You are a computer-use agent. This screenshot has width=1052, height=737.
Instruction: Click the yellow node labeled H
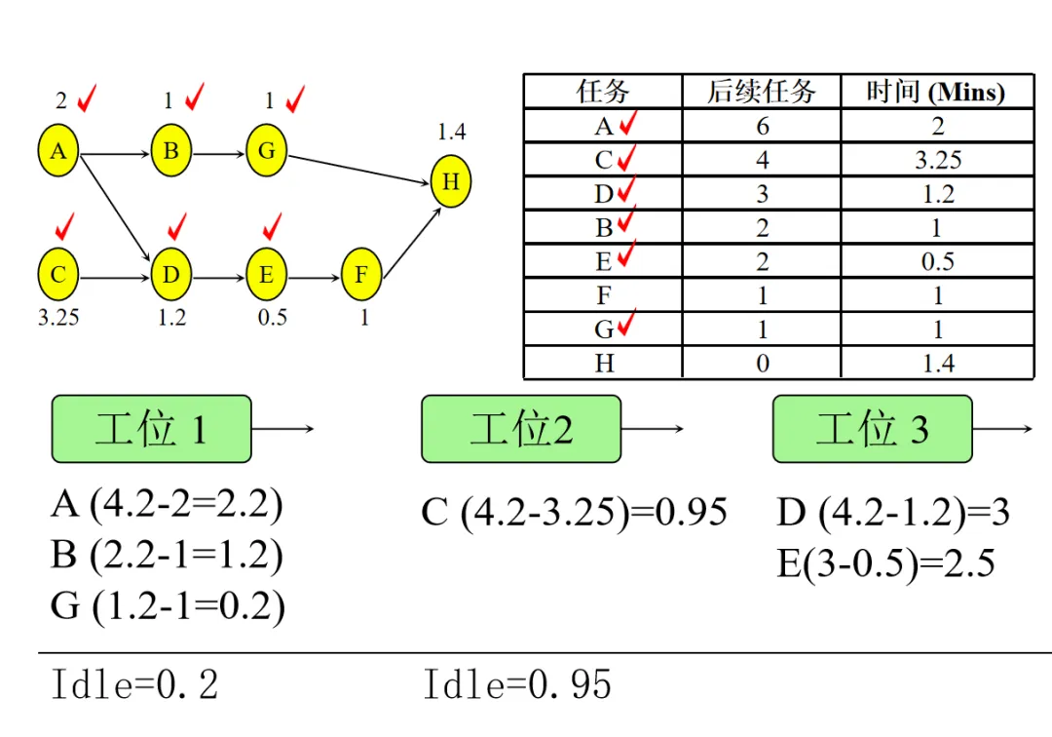pos(450,182)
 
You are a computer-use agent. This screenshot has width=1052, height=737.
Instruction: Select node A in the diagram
pos(58,151)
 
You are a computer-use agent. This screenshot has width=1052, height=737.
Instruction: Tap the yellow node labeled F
pos(361,276)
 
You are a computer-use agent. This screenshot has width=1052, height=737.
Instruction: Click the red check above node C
pos(65,226)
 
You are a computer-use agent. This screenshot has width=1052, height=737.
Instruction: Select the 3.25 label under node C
pos(58,318)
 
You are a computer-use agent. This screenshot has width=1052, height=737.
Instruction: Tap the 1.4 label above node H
pos(451,133)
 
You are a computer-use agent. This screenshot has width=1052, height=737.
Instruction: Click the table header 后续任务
pos(761,93)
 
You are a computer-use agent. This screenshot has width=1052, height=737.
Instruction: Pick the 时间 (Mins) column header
pos(936,93)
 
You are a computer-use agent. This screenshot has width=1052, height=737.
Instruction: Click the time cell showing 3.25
pos(937,160)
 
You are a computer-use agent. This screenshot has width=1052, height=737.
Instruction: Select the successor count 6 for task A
pos(762,127)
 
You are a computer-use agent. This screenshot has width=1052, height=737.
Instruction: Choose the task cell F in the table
pos(604,295)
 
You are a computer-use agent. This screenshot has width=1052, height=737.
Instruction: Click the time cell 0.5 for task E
pos(937,261)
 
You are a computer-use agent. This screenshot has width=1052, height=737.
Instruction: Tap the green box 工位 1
pos(151,429)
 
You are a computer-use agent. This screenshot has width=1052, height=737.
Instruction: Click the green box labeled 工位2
pos(521,429)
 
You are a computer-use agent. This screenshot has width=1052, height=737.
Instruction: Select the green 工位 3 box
pos(872,429)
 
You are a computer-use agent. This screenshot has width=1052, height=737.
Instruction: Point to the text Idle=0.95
pos(517,685)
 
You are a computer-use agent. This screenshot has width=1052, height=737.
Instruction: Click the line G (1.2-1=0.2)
pos(168,606)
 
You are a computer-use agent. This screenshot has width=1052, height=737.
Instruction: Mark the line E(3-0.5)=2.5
pos(885,563)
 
